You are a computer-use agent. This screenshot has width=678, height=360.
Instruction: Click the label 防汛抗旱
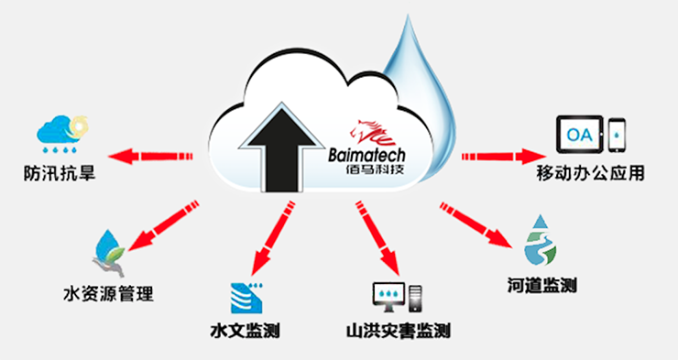61,172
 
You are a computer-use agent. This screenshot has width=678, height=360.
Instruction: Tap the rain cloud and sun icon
60,135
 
